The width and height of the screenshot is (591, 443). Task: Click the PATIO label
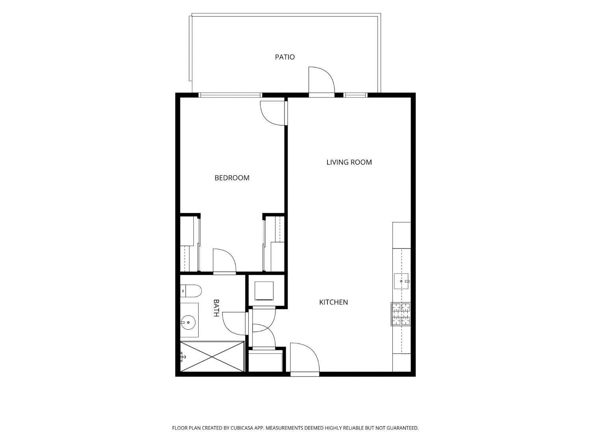click(x=284, y=57)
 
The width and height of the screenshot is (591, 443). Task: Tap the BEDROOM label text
click(x=232, y=178)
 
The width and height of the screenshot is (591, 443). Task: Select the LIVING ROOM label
click(x=349, y=162)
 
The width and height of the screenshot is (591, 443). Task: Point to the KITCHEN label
click(x=333, y=302)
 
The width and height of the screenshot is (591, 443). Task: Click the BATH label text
click(x=216, y=308)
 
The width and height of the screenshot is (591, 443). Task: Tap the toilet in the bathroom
click(x=191, y=291)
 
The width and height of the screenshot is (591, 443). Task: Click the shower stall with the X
click(x=212, y=356)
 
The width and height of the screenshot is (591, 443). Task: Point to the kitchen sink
click(x=401, y=281)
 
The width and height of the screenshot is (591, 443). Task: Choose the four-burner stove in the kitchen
click(x=401, y=314)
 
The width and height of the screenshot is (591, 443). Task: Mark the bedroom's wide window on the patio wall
click(x=230, y=95)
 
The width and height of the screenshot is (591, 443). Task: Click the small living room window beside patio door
click(x=355, y=95)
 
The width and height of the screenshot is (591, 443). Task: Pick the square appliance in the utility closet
click(x=264, y=291)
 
